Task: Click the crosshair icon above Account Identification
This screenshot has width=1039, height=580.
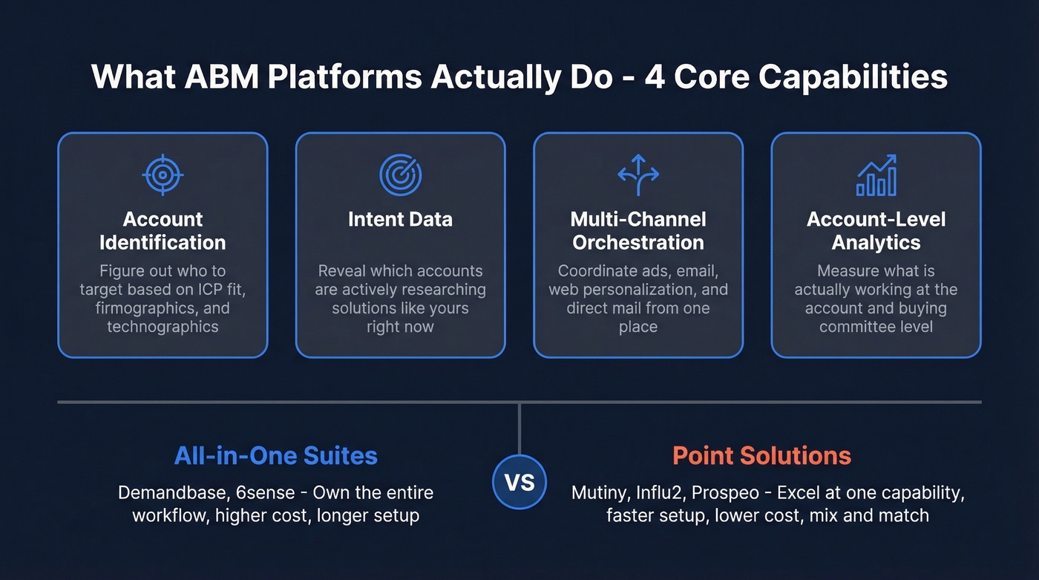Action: [163, 175]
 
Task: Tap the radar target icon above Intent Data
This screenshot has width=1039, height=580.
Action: [400, 175]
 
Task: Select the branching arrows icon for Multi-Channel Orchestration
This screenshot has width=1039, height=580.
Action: [638, 175]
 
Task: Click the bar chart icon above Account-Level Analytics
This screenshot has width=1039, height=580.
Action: [876, 175]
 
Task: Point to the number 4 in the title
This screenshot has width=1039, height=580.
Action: [656, 77]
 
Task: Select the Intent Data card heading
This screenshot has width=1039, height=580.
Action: [400, 219]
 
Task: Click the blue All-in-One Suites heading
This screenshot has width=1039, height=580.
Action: [276, 455]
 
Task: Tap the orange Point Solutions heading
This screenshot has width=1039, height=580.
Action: [761, 455]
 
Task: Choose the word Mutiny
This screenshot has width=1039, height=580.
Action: [598, 492]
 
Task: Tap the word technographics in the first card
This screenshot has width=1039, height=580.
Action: [163, 327]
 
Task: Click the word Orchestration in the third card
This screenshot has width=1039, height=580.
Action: [638, 242]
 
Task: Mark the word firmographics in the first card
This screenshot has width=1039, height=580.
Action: [141, 308]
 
